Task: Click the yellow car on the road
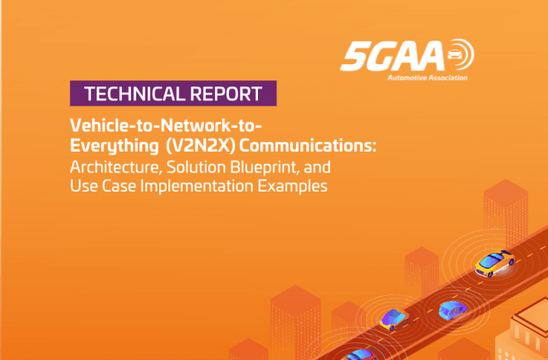(x=494, y=263)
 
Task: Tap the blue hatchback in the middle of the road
(x=452, y=310)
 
